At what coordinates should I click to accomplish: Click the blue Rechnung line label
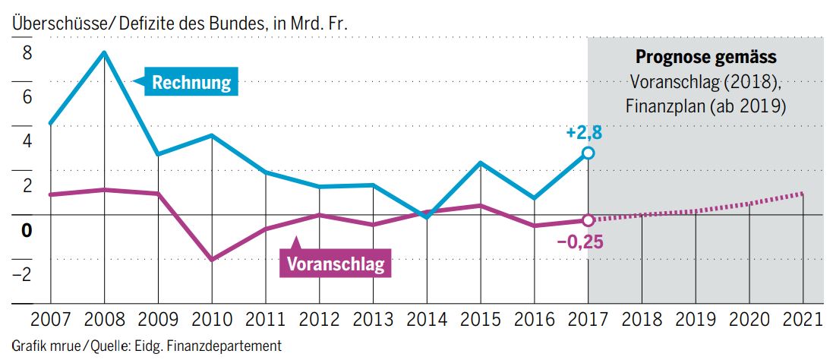[191, 82]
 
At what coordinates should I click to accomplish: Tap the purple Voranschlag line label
[336, 264]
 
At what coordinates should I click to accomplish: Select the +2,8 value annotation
[584, 134]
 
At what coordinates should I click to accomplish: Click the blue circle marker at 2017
[588, 153]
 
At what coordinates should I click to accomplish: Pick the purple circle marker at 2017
[588, 220]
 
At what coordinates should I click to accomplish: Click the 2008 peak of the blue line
[104, 52]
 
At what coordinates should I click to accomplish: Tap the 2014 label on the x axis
[427, 318]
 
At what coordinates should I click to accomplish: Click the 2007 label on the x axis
[50, 318]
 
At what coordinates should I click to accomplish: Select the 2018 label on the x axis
[642, 318]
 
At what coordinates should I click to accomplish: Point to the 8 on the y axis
[27, 53]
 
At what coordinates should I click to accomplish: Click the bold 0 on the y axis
[27, 230]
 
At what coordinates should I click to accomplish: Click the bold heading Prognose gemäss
[705, 58]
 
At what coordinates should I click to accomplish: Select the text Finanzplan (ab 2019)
[705, 106]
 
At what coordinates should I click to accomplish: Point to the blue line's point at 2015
[481, 163]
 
